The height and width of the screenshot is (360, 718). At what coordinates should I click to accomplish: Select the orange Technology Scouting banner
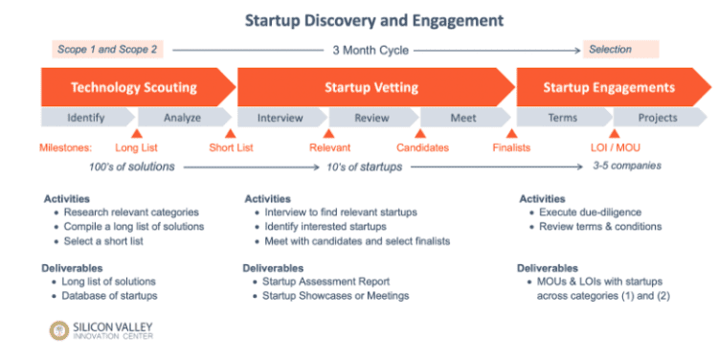[134, 87]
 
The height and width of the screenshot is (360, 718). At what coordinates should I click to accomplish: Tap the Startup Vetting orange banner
[370, 87]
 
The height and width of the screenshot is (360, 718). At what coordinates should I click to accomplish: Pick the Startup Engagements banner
[609, 87]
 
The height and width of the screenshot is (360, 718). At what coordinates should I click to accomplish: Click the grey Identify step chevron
[86, 118]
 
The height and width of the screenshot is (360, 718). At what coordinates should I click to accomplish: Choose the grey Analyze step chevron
[182, 118]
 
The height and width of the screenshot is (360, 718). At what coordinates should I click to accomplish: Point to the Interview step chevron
[280, 118]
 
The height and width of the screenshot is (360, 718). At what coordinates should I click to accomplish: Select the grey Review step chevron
[371, 118]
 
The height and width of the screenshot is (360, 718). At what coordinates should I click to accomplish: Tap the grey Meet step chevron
[463, 118]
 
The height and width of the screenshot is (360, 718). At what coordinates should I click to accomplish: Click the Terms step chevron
[562, 118]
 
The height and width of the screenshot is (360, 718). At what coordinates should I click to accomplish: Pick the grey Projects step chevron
[658, 118]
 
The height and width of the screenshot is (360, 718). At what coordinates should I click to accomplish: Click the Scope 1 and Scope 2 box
[106, 49]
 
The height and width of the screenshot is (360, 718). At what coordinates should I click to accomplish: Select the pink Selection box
[620, 49]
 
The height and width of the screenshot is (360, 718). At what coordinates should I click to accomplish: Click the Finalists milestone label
[511, 147]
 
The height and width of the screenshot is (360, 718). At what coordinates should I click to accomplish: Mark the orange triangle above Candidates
[419, 134]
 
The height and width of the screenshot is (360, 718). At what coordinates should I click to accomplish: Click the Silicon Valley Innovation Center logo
[101, 330]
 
